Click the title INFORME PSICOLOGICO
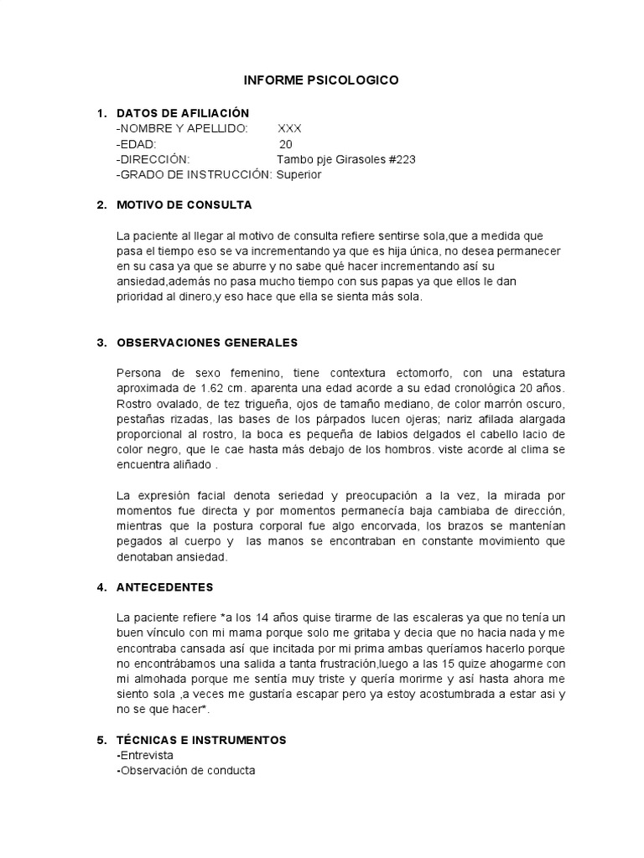pyautogui.click(x=321, y=80)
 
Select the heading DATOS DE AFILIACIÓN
pyautogui.click(x=183, y=113)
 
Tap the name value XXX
pyautogui.click(x=289, y=128)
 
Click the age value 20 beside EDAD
pyautogui.click(x=286, y=144)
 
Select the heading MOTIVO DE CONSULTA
pyautogui.click(x=184, y=205)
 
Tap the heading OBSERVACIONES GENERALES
pyautogui.click(x=207, y=343)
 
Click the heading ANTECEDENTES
pyautogui.click(x=165, y=587)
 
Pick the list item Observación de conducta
pyautogui.click(x=185, y=770)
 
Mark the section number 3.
pyautogui.click(x=101, y=343)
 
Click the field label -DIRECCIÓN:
pyautogui.click(x=153, y=159)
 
